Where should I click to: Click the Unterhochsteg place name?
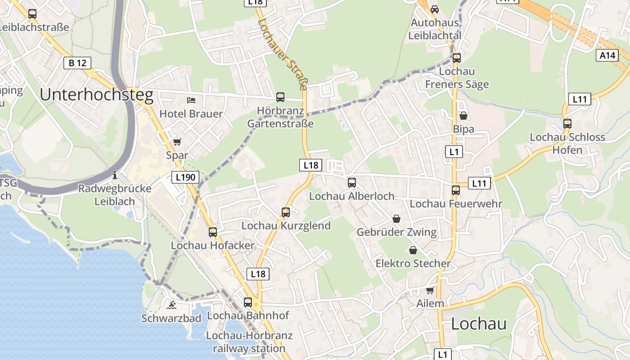96,95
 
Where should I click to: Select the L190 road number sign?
185,177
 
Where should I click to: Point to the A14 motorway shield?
607,55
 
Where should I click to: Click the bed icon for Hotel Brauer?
191,100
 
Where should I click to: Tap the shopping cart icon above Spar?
177,142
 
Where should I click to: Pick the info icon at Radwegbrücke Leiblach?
115,175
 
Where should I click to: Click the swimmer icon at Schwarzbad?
171,305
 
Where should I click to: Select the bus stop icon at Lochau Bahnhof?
248,302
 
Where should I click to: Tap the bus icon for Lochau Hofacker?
213,232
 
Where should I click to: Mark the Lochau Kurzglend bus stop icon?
286,212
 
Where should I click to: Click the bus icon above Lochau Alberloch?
352,183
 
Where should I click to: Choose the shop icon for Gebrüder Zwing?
396,219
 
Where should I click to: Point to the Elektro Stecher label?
413,263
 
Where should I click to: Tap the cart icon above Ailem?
430,290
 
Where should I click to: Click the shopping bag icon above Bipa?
463,116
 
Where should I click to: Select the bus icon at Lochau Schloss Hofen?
567,123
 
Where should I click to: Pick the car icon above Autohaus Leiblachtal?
435,9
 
